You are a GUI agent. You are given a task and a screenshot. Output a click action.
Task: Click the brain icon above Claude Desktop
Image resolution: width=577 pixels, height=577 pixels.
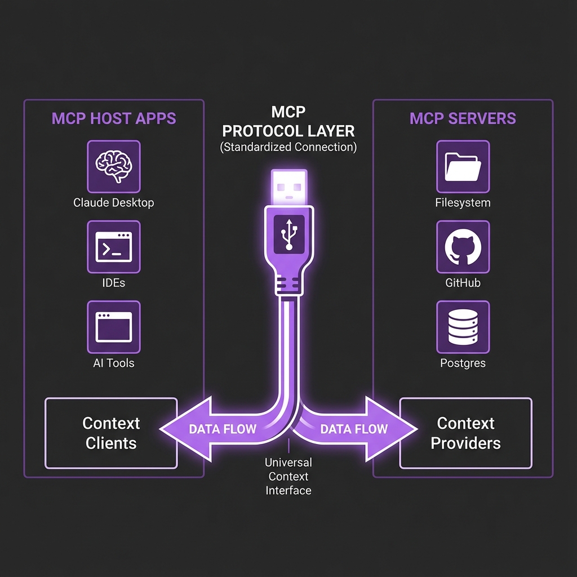click(114, 167)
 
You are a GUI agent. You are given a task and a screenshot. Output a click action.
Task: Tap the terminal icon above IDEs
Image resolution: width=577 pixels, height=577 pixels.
click(114, 247)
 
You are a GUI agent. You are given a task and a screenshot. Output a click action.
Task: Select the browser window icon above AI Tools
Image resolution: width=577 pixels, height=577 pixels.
click(114, 327)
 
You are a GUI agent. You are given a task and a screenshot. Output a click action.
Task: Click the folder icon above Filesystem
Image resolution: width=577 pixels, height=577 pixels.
click(463, 167)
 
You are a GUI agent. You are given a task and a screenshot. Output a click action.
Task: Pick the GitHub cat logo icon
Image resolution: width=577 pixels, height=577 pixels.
click(463, 247)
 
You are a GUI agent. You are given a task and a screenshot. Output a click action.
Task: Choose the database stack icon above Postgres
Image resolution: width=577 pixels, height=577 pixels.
click(463, 327)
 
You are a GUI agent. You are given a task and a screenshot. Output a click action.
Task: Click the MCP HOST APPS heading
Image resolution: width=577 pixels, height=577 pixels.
click(114, 119)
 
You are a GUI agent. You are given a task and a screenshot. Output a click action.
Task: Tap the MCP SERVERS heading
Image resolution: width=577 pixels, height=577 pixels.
click(463, 119)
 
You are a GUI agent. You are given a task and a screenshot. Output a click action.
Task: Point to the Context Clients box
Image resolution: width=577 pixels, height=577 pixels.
click(111, 433)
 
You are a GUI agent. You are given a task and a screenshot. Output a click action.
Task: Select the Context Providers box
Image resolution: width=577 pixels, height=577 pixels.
click(465, 433)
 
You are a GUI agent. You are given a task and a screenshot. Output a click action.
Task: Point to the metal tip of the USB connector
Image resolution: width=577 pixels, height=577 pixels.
click(288, 186)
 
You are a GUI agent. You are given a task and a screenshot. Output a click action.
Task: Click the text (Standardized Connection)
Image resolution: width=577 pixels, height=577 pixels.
click(288, 148)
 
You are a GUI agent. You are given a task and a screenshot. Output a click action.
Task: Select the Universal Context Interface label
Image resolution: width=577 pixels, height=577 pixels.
click(288, 476)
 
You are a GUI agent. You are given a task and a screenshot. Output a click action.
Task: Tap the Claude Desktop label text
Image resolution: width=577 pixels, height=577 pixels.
click(114, 202)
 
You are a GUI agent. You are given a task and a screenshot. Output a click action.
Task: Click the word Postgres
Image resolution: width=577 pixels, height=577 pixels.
click(463, 363)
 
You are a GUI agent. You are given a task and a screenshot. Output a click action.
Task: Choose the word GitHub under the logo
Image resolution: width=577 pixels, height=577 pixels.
click(463, 283)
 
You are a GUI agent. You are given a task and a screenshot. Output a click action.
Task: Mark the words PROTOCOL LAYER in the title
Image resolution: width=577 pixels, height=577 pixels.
click(288, 131)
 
